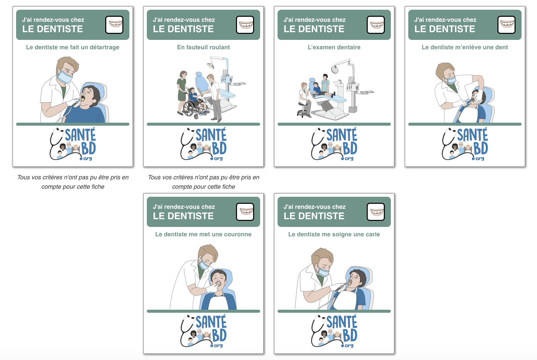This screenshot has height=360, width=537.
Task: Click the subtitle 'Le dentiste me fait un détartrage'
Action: (x=73, y=47)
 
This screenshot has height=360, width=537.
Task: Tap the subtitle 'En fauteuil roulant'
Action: (x=203, y=47)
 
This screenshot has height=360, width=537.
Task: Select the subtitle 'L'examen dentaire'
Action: (x=334, y=47)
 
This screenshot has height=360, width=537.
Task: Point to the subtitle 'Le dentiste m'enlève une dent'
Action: (x=465, y=47)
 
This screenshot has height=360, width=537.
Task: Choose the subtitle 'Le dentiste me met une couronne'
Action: (x=203, y=234)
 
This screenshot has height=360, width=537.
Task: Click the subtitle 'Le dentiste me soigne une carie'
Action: (x=334, y=234)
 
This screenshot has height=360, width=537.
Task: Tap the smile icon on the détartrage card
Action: (x=114, y=25)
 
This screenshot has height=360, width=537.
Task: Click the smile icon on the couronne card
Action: (x=245, y=212)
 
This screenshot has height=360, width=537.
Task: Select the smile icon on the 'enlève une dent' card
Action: (x=506, y=25)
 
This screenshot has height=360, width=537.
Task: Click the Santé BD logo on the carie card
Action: (x=334, y=331)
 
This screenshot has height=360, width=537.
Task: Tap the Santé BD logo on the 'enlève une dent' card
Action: (x=465, y=144)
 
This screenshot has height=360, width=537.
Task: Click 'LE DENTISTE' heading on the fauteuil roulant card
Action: (x=183, y=29)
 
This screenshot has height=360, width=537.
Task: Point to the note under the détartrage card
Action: (x=73, y=182)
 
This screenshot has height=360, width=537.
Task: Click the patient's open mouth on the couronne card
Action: (x=218, y=284)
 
